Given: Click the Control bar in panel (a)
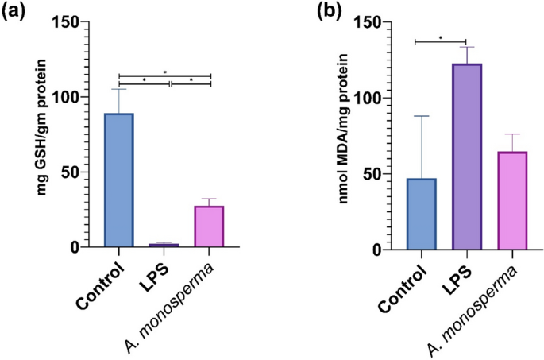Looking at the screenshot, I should pyautogui.click(x=118, y=180).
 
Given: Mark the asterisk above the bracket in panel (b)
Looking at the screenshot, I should pyautogui.click(x=439, y=37).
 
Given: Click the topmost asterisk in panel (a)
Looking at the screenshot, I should pyautogui.click(x=165, y=72).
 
